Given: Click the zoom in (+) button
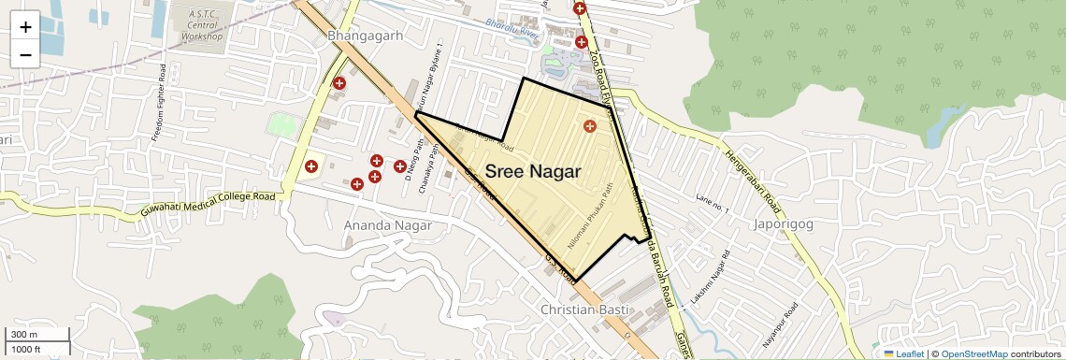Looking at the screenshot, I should [25, 26].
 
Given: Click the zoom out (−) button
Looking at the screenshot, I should [25, 54].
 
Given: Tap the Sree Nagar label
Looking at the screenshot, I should [533, 172].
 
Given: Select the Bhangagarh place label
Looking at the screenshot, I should [365, 36].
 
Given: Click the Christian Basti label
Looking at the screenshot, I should [586, 310].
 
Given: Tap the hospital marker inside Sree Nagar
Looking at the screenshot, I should [589, 126].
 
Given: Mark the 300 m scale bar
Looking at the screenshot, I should [36, 335].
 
